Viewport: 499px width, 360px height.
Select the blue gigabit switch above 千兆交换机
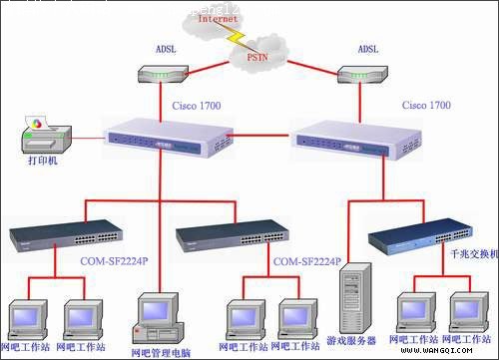click(x=419, y=238)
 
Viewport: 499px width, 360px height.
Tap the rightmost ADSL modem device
click(x=362, y=76)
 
